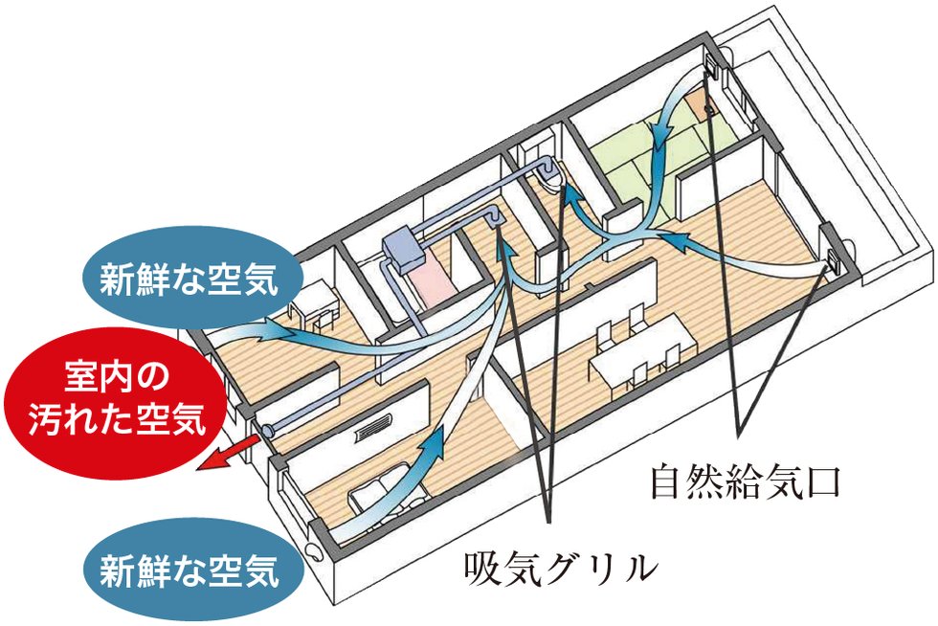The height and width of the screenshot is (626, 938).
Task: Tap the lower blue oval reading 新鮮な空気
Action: (190, 570)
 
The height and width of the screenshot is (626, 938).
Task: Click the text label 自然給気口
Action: (746, 481)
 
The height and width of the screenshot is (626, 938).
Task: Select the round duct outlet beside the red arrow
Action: (266, 429)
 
